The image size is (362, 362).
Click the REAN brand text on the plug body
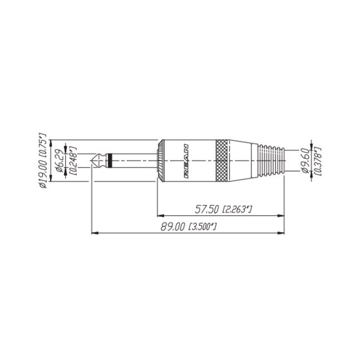click(x=186, y=161)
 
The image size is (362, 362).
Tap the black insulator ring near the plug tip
click(x=113, y=161)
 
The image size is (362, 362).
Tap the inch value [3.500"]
click(x=203, y=227)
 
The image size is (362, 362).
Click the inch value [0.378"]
click(x=317, y=161)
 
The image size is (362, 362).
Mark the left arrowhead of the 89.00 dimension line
click(x=94, y=233)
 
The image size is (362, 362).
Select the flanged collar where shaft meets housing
click(x=159, y=161)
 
